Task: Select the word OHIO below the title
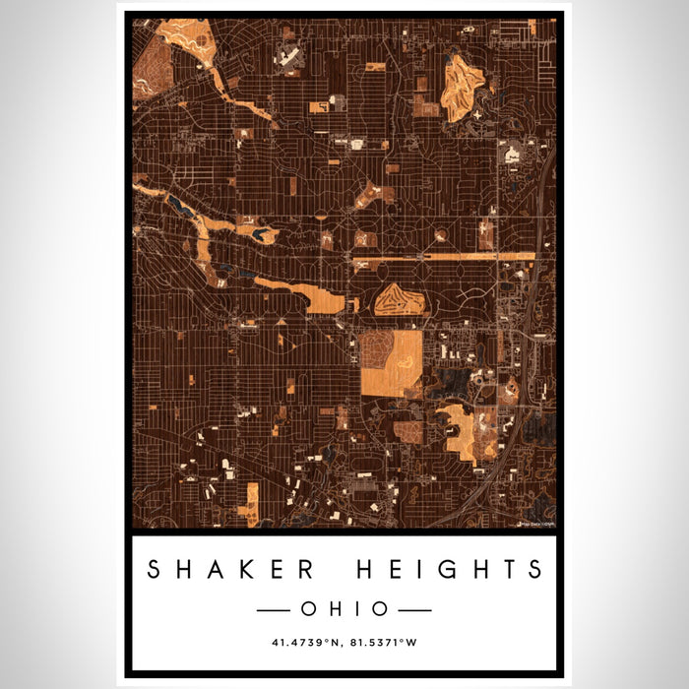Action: click(x=344, y=609)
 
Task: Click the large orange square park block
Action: click(x=392, y=363)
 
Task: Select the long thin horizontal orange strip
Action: click(x=443, y=257)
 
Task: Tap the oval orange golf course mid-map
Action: click(x=399, y=299)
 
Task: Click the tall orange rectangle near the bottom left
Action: click(x=252, y=504)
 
